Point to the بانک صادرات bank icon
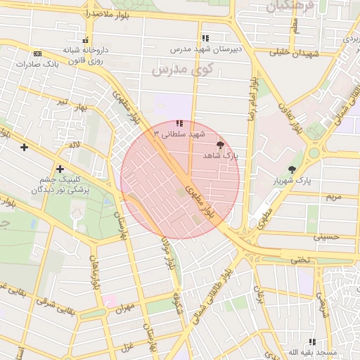click(x=37, y=53)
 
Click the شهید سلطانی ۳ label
click(x=182, y=133)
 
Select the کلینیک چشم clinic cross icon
click(x=60, y=169)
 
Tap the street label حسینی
click(x=326, y=237)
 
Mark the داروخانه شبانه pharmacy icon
click(x=86, y=39)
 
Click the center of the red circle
click(x=180, y=180)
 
